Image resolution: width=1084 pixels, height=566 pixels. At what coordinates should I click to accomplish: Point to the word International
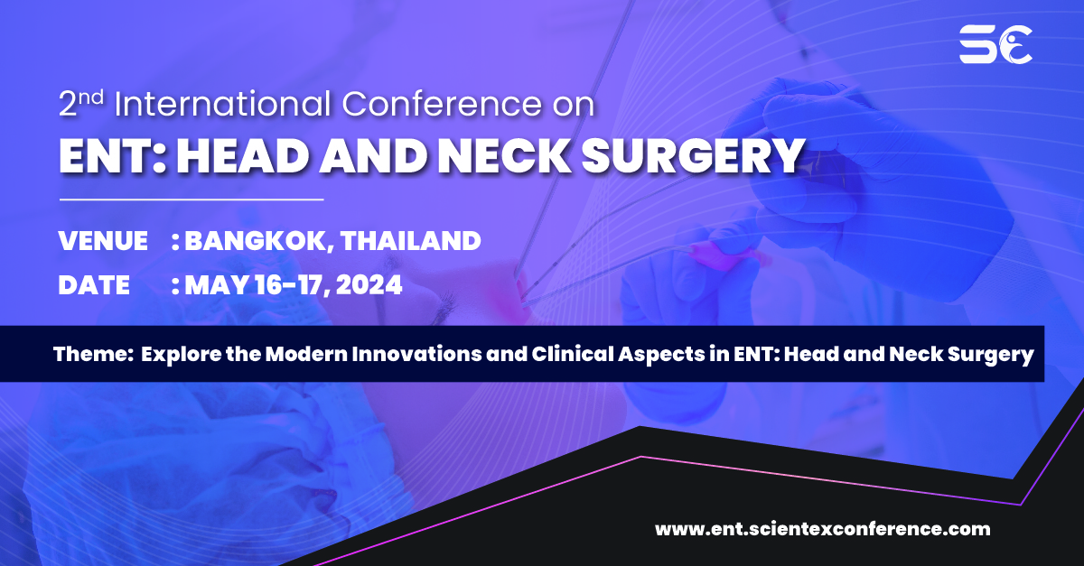[225, 105]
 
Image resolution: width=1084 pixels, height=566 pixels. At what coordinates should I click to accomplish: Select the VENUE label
[103, 241]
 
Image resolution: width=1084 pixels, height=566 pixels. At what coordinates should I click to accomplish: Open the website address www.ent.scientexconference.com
[822, 529]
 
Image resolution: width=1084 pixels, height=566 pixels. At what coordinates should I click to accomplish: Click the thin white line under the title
[192, 199]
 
